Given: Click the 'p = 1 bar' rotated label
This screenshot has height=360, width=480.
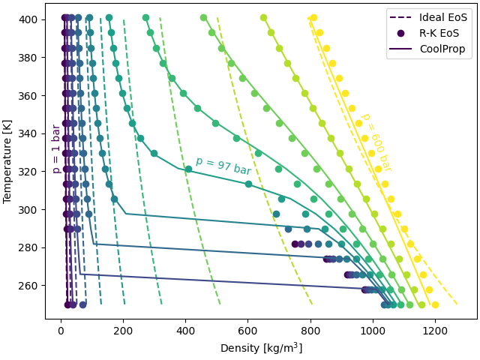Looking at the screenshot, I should pyautogui.click(x=56, y=148).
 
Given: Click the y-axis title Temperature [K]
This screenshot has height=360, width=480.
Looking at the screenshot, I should pyautogui.click(x=8, y=161).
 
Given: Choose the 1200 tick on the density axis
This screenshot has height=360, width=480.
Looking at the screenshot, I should pyautogui.click(x=436, y=328).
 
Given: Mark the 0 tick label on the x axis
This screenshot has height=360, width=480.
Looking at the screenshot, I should pyautogui.click(x=61, y=328).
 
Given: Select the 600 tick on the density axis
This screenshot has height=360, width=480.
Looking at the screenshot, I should pyautogui.click(x=248, y=328).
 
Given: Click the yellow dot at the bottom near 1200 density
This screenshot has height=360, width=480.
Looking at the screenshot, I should pyautogui.click(x=435, y=304).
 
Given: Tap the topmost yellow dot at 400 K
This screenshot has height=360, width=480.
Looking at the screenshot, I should pyautogui.click(x=313, y=17).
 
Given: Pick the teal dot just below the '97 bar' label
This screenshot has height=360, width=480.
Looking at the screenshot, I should pyautogui.click(x=188, y=169).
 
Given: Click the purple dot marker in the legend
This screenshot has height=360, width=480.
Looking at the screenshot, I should pyautogui.click(x=401, y=33).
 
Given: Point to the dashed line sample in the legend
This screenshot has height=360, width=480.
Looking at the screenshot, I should pyautogui.click(x=401, y=17).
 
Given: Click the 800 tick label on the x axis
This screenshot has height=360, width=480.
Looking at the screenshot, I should pyautogui.click(x=310, y=328).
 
